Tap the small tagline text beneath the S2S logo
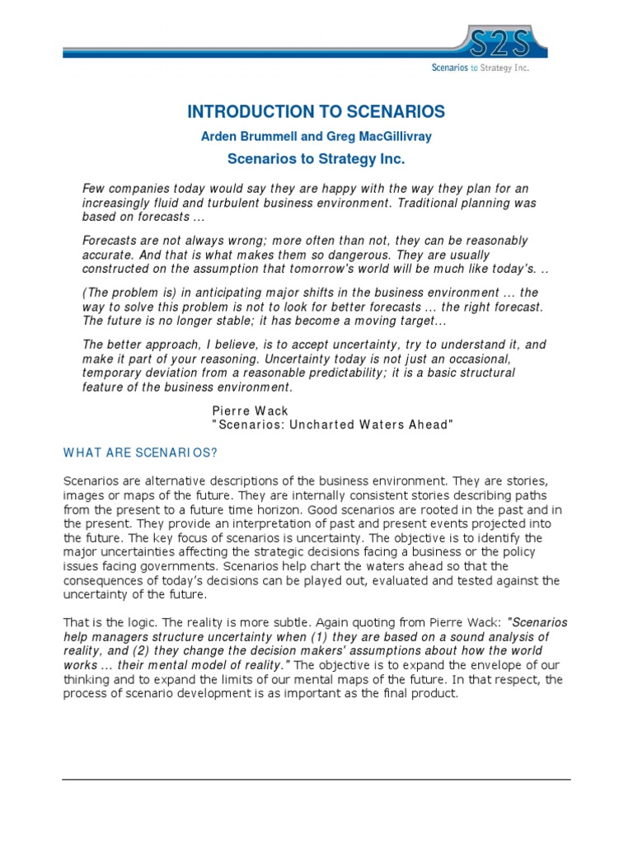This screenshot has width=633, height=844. click(492, 68)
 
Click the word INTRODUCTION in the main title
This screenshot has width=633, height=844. click(242, 112)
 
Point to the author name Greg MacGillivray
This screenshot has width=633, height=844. click(376, 137)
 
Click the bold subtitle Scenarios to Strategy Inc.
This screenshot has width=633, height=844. click(316, 159)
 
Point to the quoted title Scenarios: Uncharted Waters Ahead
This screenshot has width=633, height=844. click(333, 424)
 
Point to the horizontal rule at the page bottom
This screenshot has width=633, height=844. click(316, 779)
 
